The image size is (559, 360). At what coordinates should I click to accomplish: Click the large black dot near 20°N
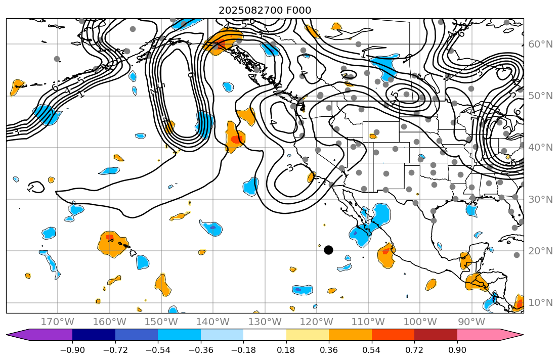(x=328, y=250)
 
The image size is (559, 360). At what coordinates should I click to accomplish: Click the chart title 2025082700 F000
(x=265, y=10)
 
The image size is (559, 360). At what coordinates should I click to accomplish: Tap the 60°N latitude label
(x=540, y=44)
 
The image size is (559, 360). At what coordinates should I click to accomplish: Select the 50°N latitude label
(x=540, y=96)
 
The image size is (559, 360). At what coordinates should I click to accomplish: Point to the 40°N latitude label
(x=540, y=148)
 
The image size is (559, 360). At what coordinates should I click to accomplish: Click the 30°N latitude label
(x=540, y=200)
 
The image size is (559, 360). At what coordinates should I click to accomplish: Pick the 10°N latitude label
(x=540, y=303)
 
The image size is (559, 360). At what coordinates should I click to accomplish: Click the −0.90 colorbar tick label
(x=72, y=350)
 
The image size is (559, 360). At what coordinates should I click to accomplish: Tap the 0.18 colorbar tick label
(x=286, y=350)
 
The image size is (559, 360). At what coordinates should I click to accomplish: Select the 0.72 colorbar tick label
(x=414, y=350)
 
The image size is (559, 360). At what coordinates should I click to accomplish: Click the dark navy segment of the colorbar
(x=94, y=335)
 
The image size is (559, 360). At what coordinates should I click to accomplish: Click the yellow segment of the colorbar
(x=308, y=335)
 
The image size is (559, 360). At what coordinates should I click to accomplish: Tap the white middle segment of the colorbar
(x=265, y=335)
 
